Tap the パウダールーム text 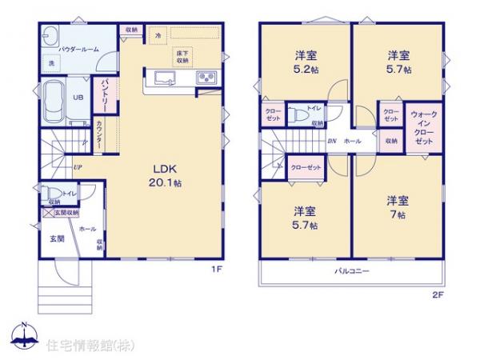point(77,49)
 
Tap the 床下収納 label point(182,56)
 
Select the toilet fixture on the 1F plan point(53,193)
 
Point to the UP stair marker point(78,167)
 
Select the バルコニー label point(351,272)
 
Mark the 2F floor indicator point(435,294)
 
